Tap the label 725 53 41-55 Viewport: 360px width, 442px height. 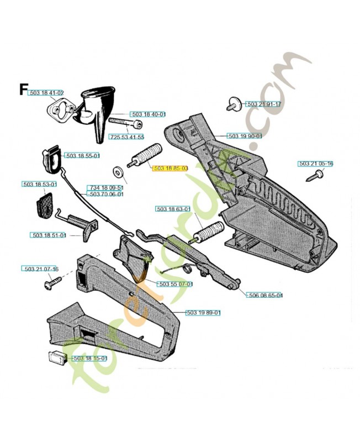coord(126,136)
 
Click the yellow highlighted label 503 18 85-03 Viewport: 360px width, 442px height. coord(171,167)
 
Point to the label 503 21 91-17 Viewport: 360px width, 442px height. coord(263,104)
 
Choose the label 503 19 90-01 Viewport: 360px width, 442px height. coord(246,135)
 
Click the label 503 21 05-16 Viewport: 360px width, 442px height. coord(316,164)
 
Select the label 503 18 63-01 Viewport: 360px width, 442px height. coord(173,209)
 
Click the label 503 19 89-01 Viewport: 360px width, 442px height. coord(203,313)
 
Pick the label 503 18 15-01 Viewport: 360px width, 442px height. coord(91,359)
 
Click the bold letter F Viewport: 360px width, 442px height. coord(23,89)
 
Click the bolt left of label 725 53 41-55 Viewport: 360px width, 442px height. coord(123,122)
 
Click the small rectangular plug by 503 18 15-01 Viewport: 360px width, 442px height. coord(56,357)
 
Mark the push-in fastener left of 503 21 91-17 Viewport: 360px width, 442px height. coord(233,103)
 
